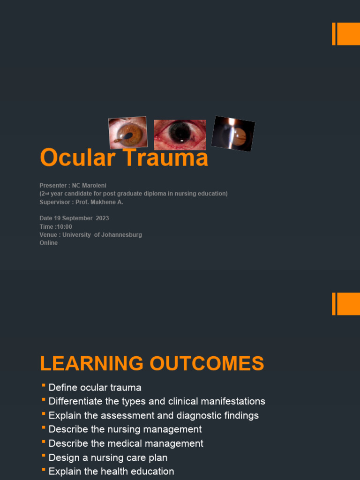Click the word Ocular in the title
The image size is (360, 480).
75,158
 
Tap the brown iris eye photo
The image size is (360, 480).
127,133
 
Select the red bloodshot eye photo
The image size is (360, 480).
180,135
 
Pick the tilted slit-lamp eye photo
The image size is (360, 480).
233,134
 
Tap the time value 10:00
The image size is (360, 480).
64,227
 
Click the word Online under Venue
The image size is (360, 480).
49,243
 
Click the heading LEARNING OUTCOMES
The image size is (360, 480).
152,364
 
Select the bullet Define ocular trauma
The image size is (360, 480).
95,388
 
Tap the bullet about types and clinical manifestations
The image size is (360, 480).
157,401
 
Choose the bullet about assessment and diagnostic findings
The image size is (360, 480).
153,415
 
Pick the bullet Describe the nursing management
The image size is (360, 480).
125,429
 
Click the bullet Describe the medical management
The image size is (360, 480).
126,443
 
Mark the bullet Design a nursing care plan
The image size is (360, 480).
108,457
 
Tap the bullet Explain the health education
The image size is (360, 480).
111,472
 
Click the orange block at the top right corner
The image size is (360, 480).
347,34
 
